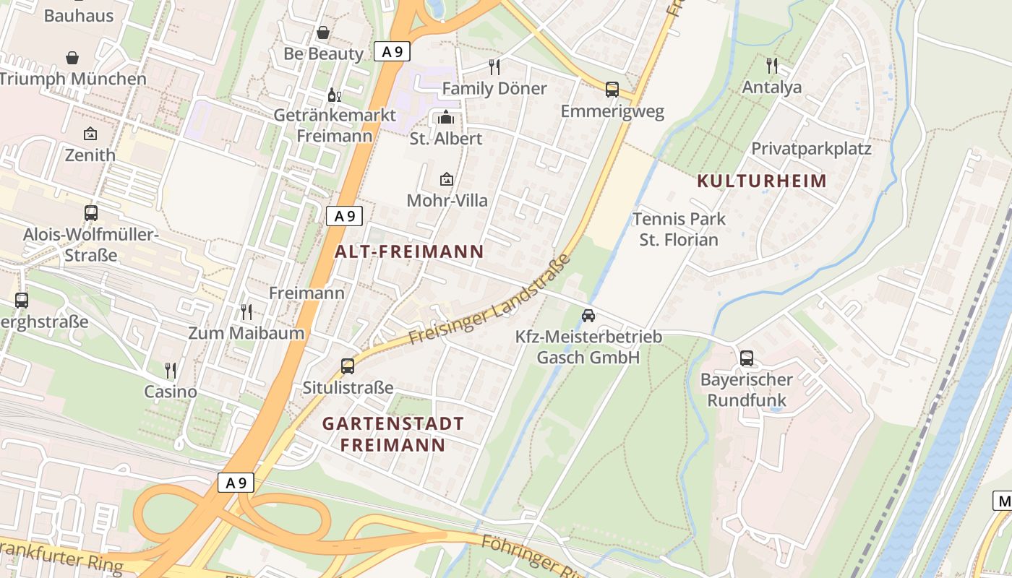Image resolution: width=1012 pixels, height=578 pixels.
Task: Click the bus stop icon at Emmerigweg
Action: pyautogui.click(x=612, y=90)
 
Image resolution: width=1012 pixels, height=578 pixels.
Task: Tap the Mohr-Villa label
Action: pyautogui.click(x=447, y=200)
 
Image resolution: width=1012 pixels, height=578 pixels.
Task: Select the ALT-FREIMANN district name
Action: pyautogui.click(x=409, y=251)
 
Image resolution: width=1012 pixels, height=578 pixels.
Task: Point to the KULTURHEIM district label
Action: pyautogui.click(x=761, y=181)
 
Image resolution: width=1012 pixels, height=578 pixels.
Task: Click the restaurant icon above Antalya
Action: pyautogui.click(x=772, y=66)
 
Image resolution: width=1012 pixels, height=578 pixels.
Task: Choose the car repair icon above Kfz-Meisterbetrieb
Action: pyautogui.click(x=588, y=316)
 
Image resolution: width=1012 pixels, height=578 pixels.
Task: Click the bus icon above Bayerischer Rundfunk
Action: pyautogui.click(x=747, y=358)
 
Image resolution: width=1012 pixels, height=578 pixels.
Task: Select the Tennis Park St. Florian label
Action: pyautogui.click(x=679, y=229)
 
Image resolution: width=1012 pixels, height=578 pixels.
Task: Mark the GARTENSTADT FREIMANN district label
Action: pyautogui.click(x=393, y=433)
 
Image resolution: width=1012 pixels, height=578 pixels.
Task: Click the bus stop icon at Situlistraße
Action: pyautogui.click(x=348, y=366)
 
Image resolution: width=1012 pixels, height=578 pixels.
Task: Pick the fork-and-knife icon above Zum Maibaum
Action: pyautogui.click(x=246, y=312)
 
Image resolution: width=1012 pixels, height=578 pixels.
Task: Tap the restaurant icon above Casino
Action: pyautogui.click(x=171, y=371)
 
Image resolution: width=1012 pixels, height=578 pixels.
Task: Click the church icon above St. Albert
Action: pyautogui.click(x=446, y=117)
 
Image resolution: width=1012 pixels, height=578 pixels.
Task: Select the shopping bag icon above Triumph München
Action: pyautogui.click(x=72, y=58)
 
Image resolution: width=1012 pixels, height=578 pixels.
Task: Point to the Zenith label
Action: pyautogui.click(x=90, y=155)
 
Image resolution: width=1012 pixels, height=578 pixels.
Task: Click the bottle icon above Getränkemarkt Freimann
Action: pyautogui.click(x=334, y=95)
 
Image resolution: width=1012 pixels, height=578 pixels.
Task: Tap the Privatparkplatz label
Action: pyautogui.click(x=811, y=149)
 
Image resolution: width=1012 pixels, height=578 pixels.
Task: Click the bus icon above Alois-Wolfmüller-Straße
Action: pyautogui.click(x=91, y=213)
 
